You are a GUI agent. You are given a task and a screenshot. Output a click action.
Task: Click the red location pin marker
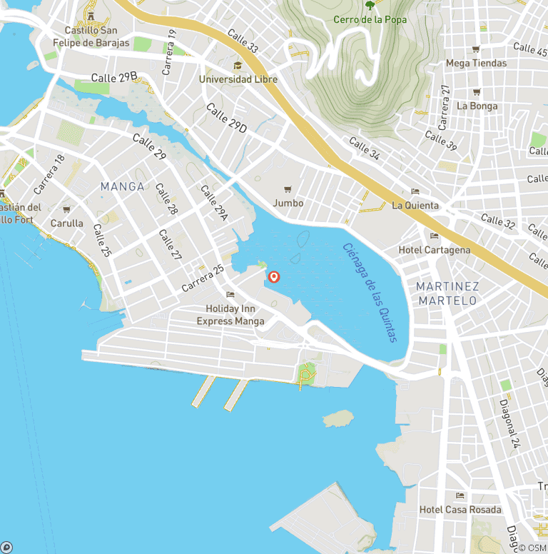coord(273,277)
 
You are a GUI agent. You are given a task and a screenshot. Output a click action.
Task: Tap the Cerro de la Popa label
coord(370,19)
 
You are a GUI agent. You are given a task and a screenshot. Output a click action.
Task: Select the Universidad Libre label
coord(238,79)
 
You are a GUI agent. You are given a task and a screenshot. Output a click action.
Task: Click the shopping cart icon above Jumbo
coord(288,189)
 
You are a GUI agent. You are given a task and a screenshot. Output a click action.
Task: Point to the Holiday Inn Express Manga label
coord(230,315)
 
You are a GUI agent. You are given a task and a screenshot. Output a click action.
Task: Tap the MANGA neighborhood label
coord(122,186)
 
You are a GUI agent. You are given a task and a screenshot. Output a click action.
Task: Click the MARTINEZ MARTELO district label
coord(447,293)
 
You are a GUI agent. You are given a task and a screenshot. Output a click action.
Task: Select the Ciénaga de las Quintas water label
coord(369,293)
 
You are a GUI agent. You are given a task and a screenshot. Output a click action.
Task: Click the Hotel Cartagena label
coord(434,250)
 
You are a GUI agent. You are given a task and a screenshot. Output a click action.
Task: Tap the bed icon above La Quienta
coord(415,191)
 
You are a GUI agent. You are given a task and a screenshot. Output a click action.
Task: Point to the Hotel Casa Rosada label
coord(460,510)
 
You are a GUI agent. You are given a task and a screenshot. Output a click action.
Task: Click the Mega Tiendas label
coord(476,63)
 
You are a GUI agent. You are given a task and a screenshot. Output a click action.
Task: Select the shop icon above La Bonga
coord(477,92)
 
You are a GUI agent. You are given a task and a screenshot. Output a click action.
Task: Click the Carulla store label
coord(66,223)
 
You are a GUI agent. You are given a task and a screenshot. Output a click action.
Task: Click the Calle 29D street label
coord(226,118)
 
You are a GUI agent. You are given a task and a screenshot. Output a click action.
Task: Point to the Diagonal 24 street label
coord(510,422)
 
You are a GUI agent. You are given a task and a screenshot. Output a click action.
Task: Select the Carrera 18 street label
coord(49,174)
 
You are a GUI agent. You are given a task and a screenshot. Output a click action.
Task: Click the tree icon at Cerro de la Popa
coord(370,6)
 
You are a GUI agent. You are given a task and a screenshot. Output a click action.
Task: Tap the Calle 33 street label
coord(243,41)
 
